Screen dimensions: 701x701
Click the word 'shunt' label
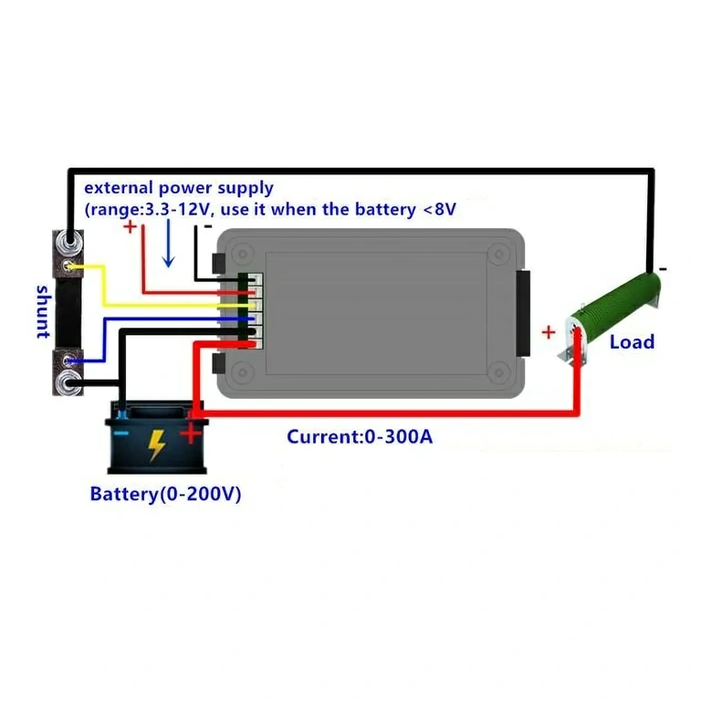tap(42, 311)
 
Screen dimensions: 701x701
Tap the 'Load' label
tap(632, 341)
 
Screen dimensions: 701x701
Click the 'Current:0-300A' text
tap(360, 436)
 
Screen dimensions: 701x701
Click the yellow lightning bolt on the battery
tap(157, 445)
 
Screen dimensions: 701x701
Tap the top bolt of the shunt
tap(68, 245)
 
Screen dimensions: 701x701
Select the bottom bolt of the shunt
tap(68, 382)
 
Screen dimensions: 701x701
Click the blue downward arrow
tap(168, 247)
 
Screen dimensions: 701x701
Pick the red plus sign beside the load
tap(549, 332)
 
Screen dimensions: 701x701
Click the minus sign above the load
tap(662, 268)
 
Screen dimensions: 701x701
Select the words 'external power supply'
tap(179, 188)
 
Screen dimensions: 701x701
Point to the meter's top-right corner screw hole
tap(498, 254)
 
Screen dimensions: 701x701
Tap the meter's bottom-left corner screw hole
tap(242, 371)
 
